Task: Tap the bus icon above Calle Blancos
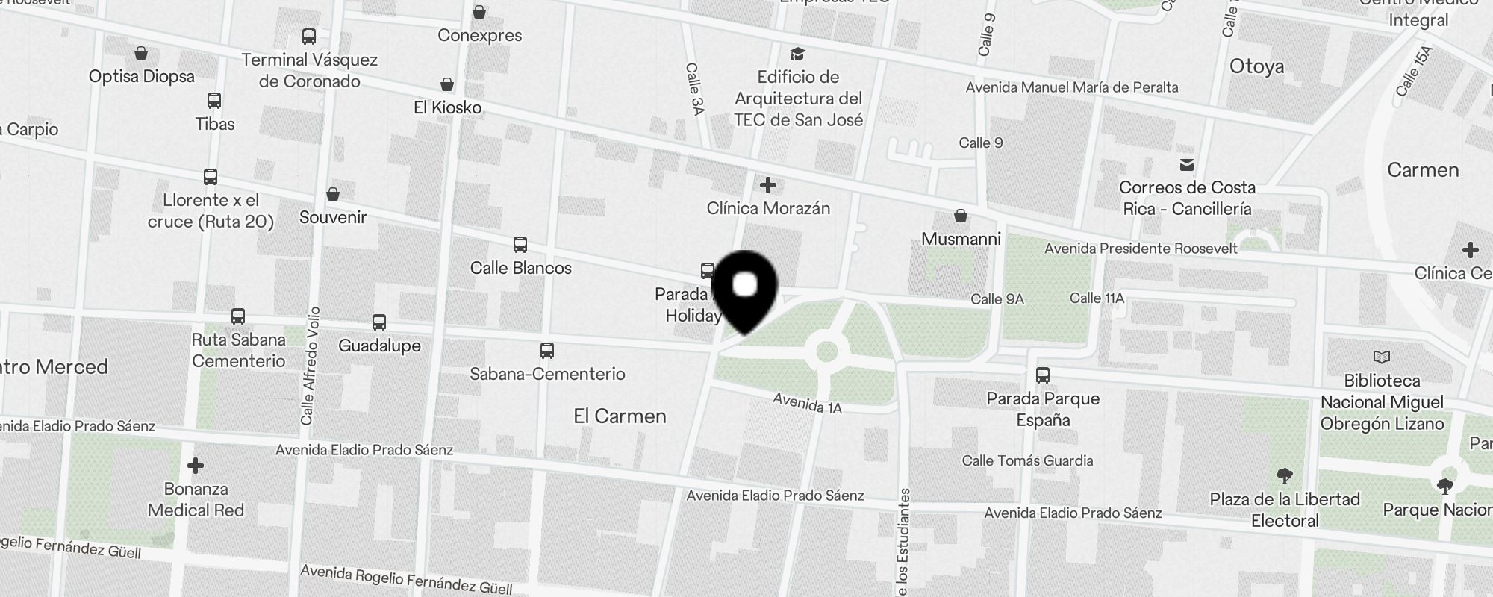point(520,245)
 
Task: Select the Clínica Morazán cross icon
point(767,185)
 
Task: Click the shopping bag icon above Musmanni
point(961,216)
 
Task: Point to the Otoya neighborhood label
point(1256,66)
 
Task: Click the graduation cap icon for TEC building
point(797,54)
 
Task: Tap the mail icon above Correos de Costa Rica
point(1186,165)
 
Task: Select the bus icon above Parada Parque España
point(1043,375)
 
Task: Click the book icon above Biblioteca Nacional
point(1382,357)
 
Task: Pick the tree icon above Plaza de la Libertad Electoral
point(1285,476)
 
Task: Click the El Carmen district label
point(620,416)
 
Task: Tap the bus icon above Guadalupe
point(379,322)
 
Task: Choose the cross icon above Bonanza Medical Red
point(196,466)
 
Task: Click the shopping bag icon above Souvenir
point(333,194)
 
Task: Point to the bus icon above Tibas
point(214,101)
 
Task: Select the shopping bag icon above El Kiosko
point(447,84)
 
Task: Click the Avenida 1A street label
point(807,403)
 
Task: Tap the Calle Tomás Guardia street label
point(1027,460)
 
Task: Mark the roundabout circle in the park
point(827,351)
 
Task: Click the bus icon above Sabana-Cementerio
point(547,351)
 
